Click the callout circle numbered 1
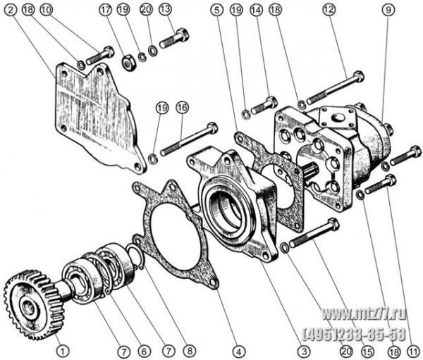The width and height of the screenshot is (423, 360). (62, 351)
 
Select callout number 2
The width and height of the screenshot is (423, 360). (11, 10)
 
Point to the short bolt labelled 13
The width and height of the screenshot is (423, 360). (175, 38)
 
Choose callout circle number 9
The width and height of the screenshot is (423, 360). (388, 10)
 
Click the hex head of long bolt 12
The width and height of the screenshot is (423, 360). (359, 76)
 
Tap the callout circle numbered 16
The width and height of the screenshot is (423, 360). (182, 108)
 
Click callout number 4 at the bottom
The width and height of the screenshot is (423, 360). (239, 351)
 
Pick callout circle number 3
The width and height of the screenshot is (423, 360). (304, 351)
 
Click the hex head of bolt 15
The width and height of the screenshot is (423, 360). (333, 224)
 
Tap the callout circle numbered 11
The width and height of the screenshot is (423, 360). (413, 351)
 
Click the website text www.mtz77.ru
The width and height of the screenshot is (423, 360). (364, 314)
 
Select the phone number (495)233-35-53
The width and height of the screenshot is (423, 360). (355, 334)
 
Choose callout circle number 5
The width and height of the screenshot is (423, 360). (217, 10)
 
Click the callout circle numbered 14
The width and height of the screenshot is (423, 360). (256, 10)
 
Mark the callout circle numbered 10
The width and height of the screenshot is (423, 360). (46, 10)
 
